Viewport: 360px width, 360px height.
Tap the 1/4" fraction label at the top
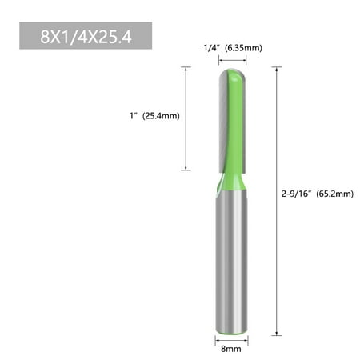[x=210, y=48]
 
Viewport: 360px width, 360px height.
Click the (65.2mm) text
[x=335, y=193]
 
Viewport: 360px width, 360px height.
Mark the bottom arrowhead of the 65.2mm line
[x=278, y=331]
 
